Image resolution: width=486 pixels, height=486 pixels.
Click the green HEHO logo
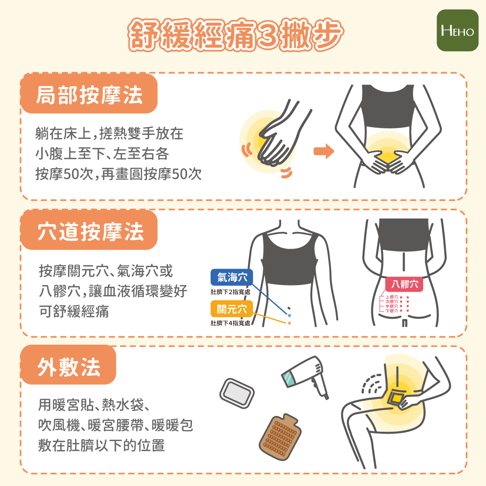pyautogui.click(x=458, y=30)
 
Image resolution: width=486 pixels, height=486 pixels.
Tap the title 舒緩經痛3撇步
pyautogui.click(x=236, y=34)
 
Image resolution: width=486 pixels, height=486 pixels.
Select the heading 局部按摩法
pyautogui.click(x=89, y=95)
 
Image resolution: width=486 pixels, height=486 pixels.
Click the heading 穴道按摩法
pyautogui.click(x=91, y=231)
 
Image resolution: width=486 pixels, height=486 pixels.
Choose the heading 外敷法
pyautogui.click(x=69, y=367)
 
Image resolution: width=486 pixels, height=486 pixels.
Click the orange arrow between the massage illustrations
pyautogui.click(x=324, y=151)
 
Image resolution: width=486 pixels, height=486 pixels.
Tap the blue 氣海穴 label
pyautogui.click(x=232, y=277)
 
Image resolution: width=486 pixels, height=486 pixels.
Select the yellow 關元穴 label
pyautogui.click(x=232, y=309)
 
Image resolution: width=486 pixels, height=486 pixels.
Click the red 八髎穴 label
pyautogui.click(x=404, y=284)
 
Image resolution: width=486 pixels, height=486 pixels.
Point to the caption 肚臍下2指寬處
pyautogui.click(x=230, y=292)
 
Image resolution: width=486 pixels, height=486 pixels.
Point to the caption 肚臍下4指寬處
pyautogui.click(x=230, y=323)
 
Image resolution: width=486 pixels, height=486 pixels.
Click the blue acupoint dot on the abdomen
pyautogui.click(x=289, y=315)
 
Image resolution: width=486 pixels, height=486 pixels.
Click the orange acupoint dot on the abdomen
pyautogui.click(x=289, y=323)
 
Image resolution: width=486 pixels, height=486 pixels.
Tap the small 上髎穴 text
pyautogui.click(x=392, y=297)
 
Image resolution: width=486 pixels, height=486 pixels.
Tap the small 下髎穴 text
pyautogui.click(x=392, y=311)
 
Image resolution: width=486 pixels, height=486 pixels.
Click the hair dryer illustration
pyautogui.click(x=306, y=377)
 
